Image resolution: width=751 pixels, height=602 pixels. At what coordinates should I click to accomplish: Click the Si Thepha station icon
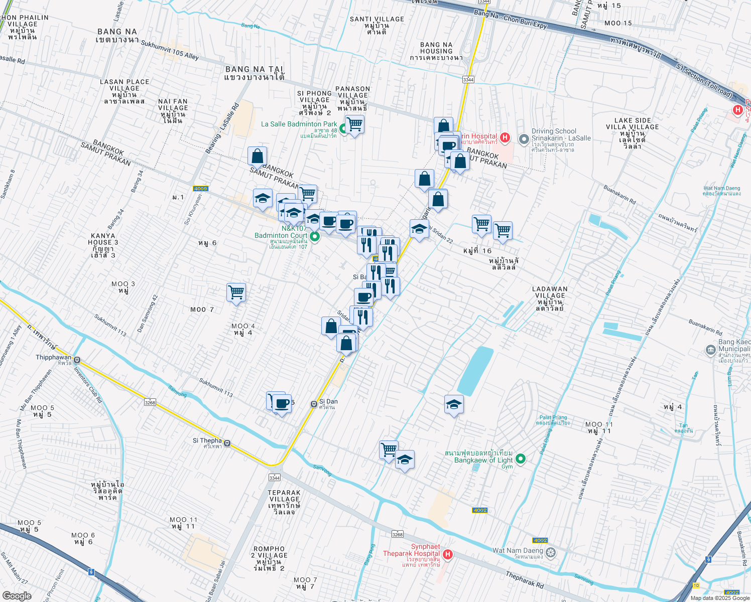click(x=227, y=443)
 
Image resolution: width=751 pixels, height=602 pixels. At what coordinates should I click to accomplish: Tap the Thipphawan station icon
click(x=77, y=359)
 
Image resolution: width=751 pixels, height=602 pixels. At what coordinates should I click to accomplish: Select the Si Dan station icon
click(x=314, y=404)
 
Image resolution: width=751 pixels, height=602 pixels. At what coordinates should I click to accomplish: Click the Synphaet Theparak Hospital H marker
click(x=447, y=554)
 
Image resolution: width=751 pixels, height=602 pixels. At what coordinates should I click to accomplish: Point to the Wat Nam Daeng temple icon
click(x=551, y=553)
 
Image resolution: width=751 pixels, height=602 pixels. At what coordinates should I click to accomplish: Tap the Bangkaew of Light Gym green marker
click(x=521, y=458)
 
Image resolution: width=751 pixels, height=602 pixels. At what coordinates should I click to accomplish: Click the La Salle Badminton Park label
click(x=299, y=124)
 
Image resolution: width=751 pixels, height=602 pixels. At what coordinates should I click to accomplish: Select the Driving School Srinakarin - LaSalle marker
click(x=524, y=138)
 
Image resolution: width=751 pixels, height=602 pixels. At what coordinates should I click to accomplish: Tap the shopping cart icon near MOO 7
click(x=236, y=292)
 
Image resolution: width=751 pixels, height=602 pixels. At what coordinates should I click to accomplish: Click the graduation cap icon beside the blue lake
click(x=454, y=404)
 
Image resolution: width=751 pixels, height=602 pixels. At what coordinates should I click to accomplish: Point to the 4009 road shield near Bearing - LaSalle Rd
click(x=200, y=189)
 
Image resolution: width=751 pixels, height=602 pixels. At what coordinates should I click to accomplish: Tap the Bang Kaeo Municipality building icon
click(x=710, y=350)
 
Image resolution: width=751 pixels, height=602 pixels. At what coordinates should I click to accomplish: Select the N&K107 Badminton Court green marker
click(x=315, y=236)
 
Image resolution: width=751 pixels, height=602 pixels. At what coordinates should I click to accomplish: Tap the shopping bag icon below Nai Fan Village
click(x=257, y=156)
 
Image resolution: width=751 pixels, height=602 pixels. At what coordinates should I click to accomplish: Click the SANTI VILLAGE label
click(x=377, y=19)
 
